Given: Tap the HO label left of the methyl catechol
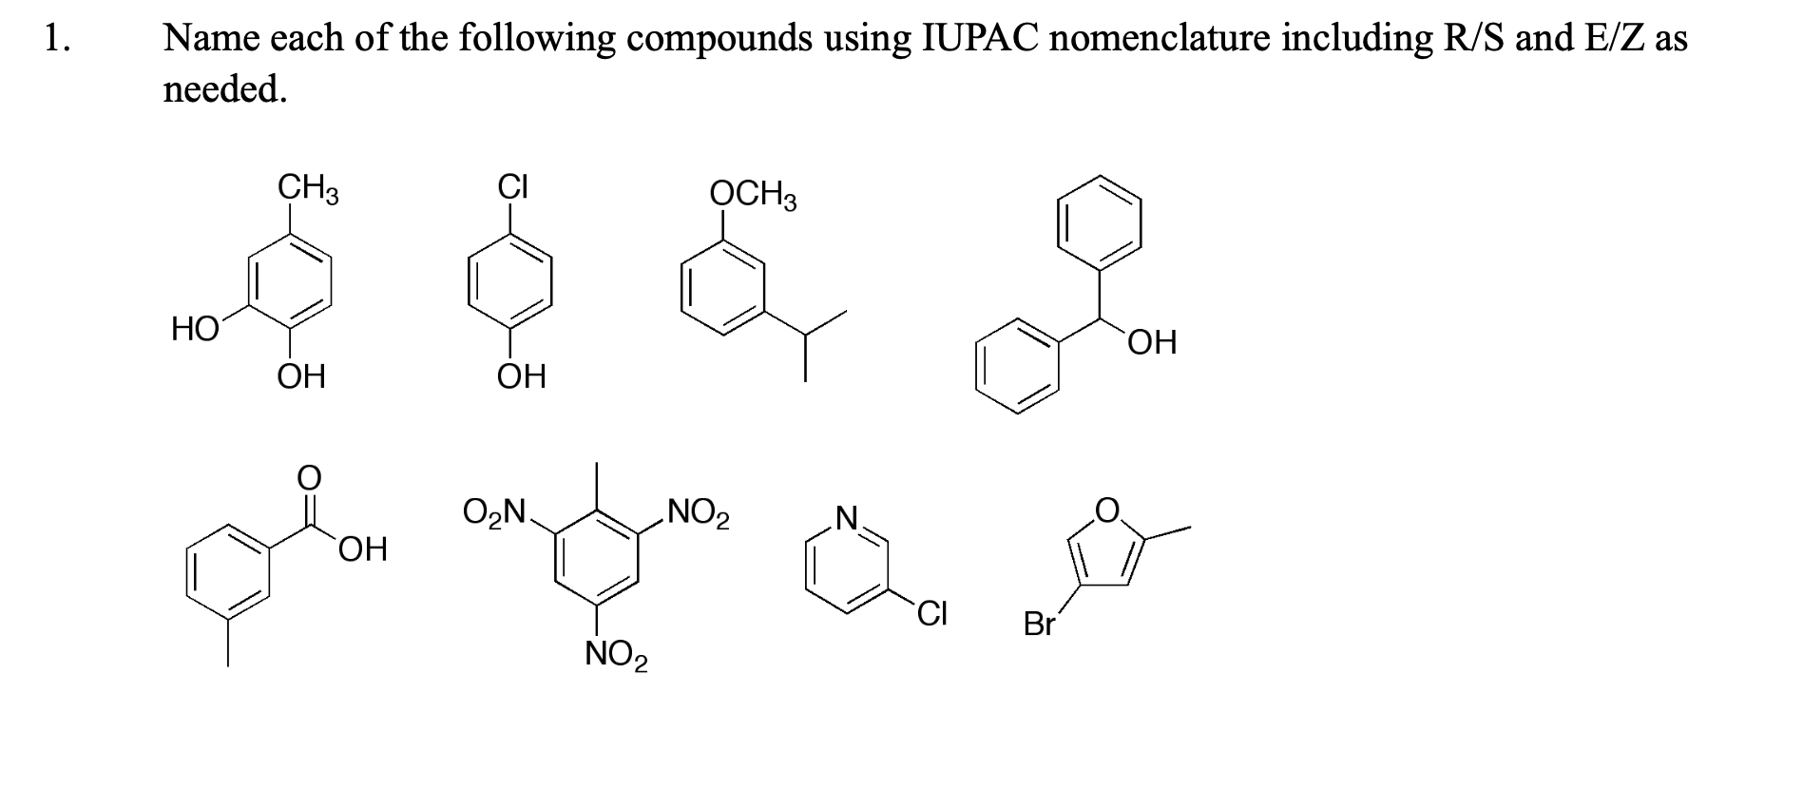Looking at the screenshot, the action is (x=194, y=330).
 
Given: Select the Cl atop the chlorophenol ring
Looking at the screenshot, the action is (x=513, y=185).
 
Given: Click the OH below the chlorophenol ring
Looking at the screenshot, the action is (x=522, y=377).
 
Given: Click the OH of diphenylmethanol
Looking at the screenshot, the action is (x=1152, y=342).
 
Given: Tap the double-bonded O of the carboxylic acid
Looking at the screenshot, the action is (x=308, y=477).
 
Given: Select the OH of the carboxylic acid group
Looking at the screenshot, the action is (x=362, y=549).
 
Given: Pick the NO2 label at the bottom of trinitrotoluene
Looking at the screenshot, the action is (x=616, y=655).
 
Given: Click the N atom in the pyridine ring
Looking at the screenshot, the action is (x=846, y=519).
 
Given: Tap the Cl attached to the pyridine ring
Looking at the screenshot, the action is (x=931, y=615).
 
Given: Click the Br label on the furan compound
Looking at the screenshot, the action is (x=1040, y=625).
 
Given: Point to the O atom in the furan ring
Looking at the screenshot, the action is (x=1106, y=510).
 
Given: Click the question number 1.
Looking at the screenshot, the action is (x=56, y=39).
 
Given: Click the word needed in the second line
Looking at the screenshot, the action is (x=224, y=89).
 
